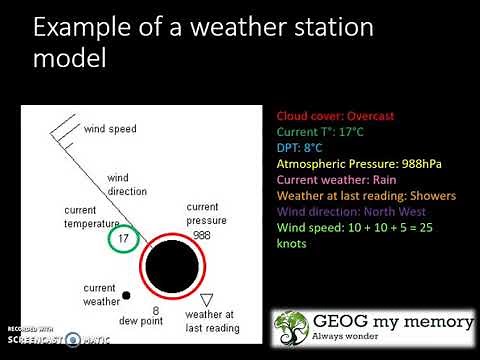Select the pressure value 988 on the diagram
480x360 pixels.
[x=200, y=234]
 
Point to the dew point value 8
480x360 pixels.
[x=156, y=311]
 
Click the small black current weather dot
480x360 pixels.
[x=127, y=295]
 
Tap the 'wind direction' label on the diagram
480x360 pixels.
[x=127, y=182]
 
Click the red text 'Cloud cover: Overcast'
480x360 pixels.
[x=334, y=114]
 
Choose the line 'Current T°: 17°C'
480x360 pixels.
[x=320, y=131]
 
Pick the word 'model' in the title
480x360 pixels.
[x=69, y=62]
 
